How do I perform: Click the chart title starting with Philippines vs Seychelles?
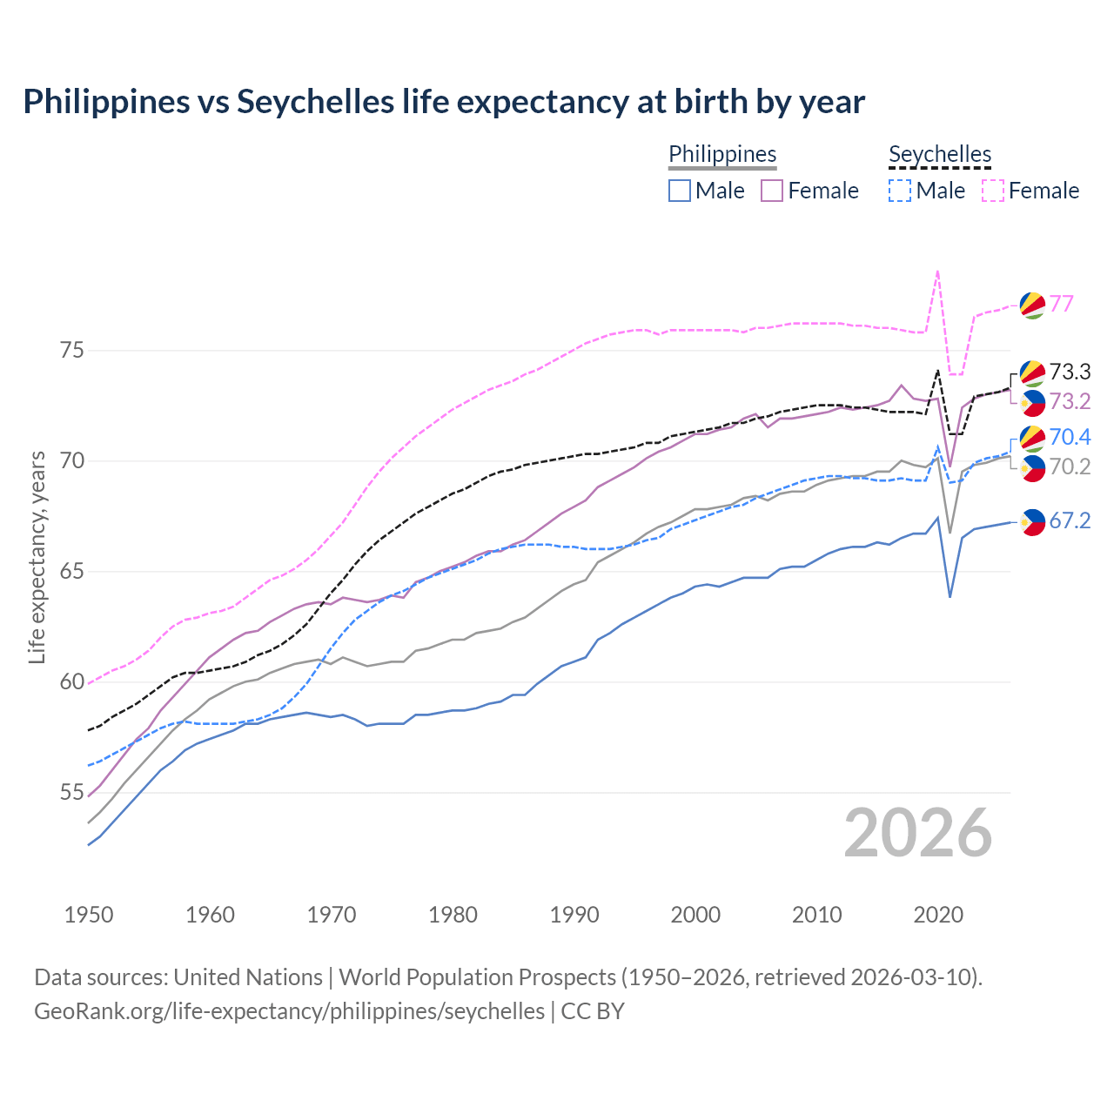tap(444, 102)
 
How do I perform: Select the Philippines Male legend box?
tap(680, 191)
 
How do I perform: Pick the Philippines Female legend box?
tap(772, 191)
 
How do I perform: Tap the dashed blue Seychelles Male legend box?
tap(900, 191)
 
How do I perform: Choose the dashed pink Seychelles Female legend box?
tap(993, 191)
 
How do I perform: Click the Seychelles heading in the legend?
tap(940, 155)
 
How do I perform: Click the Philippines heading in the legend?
tap(722, 155)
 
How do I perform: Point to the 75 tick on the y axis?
tap(71, 351)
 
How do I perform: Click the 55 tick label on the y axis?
tap(71, 793)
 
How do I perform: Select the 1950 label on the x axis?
tap(89, 915)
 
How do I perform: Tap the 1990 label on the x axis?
tap(574, 915)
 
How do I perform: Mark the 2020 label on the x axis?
tap(938, 915)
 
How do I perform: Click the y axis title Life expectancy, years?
tap(37, 557)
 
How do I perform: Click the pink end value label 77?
tap(1061, 304)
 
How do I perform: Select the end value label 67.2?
tap(1070, 520)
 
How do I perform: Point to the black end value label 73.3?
tap(1070, 372)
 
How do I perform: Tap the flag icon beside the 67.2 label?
tap(1032, 521)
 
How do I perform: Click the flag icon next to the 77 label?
tap(1032, 305)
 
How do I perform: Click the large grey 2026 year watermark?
tap(918, 833)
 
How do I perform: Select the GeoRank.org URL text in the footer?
tap(289, 1011)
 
